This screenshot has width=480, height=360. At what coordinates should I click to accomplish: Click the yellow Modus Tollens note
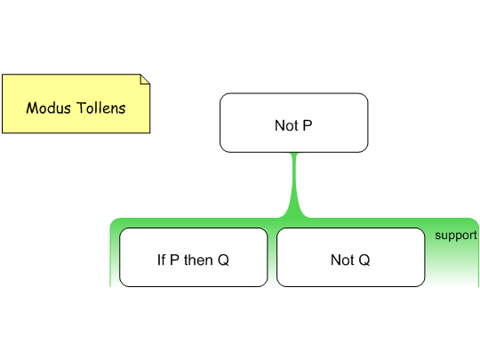[x=76, y=103]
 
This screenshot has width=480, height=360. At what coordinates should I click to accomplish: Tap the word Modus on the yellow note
[x=48, y=108]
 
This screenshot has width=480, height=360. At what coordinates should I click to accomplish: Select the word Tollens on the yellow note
[x=101, y=108]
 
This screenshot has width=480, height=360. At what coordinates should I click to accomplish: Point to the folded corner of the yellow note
[x=145, y=79]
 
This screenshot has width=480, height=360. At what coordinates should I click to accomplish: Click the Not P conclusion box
[x=294, y=123]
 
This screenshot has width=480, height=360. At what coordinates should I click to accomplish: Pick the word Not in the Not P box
[x=286, y=125]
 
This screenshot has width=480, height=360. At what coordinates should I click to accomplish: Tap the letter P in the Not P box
[x=308, y=125]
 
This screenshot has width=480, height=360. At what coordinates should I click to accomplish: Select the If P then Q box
[x=194, y=257]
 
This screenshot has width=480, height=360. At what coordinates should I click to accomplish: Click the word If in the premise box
[x=161, y=260]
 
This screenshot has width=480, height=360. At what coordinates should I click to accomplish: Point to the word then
[x=199, y=260]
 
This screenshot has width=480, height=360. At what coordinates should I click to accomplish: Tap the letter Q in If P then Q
[x=223, y=260]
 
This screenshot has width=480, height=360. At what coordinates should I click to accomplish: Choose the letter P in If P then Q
[x=174, y=260]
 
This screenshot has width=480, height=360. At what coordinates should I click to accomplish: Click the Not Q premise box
[x=351, y=257]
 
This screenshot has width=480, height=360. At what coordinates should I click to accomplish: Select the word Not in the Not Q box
[x=342, y=260]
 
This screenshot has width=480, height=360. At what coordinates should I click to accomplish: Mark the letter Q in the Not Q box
[x=364, y=260]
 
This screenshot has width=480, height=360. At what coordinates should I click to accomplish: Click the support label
[x=456, y=236]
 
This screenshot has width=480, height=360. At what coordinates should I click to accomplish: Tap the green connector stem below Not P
[x=294, y=185]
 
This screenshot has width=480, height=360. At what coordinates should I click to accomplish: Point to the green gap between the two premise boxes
[x=272, y=257]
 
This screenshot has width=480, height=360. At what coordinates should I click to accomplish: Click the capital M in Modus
[x=32, y=108]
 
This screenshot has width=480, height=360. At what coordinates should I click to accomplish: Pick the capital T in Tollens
[x=81, y=108]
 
